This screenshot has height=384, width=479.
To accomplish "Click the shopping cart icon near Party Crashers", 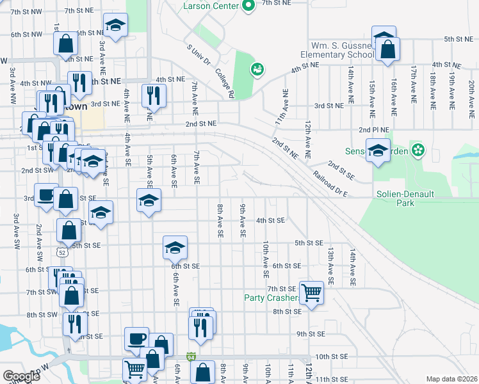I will point(311,294).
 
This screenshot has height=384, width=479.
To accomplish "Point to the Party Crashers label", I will point(272,298).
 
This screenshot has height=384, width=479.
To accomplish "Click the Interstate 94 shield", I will point(191,356).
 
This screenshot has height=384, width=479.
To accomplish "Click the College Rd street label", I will point(225,84).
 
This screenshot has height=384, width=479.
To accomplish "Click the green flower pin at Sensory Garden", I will point(418,150).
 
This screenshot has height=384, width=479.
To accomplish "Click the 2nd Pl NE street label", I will point(374,129).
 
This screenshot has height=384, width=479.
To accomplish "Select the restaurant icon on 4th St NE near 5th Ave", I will point(153,96).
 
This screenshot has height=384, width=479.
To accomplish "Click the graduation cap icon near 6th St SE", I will point(174,247).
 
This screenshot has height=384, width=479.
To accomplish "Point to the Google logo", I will point(21,376).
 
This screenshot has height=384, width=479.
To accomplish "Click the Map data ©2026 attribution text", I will point(451,379).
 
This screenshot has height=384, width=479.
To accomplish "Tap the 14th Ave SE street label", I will point(352,268).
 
